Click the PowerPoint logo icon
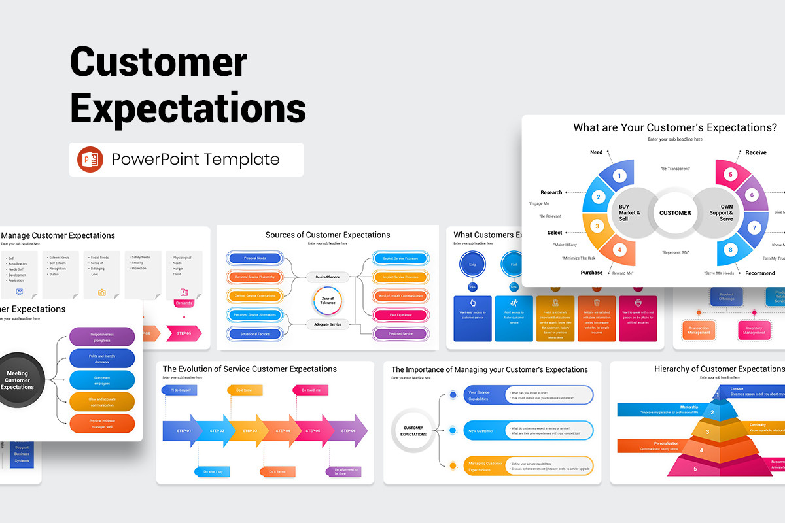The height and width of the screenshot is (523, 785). [90, 160]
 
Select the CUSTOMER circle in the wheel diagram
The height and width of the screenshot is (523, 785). [674, 212]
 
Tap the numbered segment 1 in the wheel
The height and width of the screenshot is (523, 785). [619, 175]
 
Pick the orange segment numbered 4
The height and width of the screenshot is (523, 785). [618, 248]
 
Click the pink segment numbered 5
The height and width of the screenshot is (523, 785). [731, 175]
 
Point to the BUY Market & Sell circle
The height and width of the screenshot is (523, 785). [629, 212]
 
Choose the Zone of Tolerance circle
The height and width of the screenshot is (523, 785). [328, 300]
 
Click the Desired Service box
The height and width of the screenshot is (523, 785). [327, 277]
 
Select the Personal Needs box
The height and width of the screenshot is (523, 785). [254, 258]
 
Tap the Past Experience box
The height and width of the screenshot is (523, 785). [401, 314]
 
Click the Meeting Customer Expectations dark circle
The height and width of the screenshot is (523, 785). [18, 380]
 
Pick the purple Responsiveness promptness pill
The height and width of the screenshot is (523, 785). [102, 337]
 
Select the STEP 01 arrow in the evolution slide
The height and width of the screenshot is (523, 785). [179, 431]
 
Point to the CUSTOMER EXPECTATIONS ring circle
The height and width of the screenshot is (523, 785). [413, 431]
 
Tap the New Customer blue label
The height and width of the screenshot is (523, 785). [481, 431]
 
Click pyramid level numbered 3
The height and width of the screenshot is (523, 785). [706, 431]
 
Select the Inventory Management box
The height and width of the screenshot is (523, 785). [755, 329]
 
